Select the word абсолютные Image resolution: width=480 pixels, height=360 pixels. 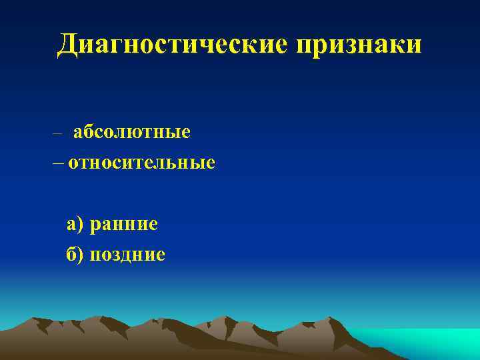pos(132,132)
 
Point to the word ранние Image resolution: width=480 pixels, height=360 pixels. pos(125,224)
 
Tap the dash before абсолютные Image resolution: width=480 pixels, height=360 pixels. pos(58,133)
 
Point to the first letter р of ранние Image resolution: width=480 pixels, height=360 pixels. pos(96,225)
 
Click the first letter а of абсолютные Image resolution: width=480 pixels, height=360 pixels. pos(77,133)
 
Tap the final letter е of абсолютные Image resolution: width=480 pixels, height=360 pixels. pos(186,133)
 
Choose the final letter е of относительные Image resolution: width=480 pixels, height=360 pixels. pos(211,163)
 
